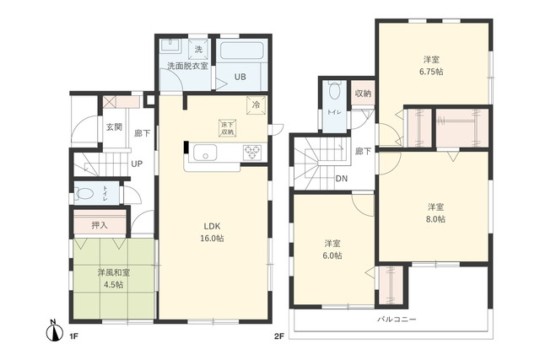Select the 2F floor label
point(278,336)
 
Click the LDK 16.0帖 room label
point(213,232)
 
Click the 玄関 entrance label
point(113,127)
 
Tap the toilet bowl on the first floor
point(85,192)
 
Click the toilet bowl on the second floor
point(334,90)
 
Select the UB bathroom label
point(240,77)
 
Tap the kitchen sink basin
point(205,153)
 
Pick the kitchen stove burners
point(251,153)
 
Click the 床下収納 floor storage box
point(228,128)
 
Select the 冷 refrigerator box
point(255,105)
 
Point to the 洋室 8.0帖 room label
point(435,212)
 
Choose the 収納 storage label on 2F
point(363,94)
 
